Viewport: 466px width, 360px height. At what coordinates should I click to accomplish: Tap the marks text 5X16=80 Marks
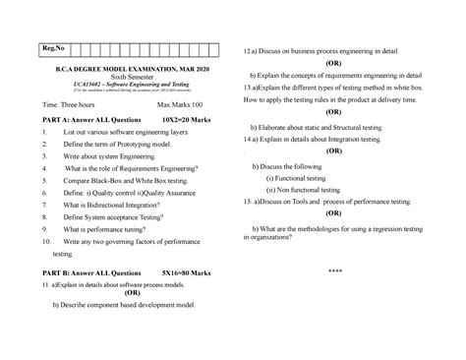(x=189, y=270)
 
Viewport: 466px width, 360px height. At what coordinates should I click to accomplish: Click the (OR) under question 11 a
(x=131, y=291)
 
